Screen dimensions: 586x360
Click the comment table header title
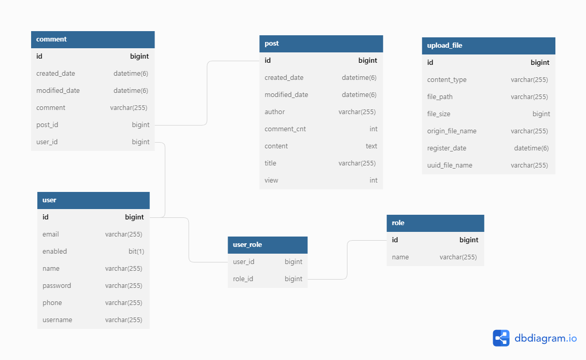51,39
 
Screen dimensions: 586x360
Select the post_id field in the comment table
47,125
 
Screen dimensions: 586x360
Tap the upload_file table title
444,46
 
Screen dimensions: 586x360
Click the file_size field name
439,114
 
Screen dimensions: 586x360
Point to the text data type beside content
371,146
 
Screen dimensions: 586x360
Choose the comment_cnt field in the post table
285,129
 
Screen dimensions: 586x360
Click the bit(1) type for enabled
136,252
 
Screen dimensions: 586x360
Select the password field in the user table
57,286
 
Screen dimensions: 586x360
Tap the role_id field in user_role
243,279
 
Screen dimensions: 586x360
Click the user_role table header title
247,245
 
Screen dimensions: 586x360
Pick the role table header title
398,223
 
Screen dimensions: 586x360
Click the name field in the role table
400,257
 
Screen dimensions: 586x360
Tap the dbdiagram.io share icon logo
501,338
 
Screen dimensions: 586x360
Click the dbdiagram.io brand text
546,338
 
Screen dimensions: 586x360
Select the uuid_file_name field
450,165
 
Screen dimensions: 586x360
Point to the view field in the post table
271,181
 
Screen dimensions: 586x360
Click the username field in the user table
57,320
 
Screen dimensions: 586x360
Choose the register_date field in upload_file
447,148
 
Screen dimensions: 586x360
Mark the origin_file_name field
452,131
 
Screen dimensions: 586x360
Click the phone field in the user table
52,303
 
